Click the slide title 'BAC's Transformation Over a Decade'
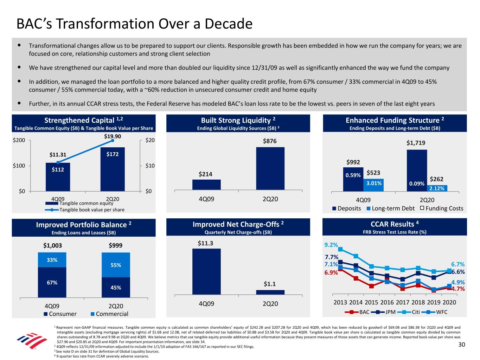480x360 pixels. pos(134,24)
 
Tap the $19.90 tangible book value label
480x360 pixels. pos(113,136)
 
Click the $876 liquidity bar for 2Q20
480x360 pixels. pos(270,169)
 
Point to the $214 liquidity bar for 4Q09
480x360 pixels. pos(206,185)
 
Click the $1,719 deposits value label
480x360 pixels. pos(416,143)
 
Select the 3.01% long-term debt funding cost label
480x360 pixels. pos(373,183)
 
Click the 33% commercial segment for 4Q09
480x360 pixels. pos(52,260)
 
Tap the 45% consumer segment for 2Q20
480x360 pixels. pos(116,288)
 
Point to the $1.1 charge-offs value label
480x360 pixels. pos(270,284)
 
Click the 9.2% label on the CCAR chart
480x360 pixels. pos(331,245)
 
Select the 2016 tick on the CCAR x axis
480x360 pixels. pos(387,302)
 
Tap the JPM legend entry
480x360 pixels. pos(387,312)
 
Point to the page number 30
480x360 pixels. pos(462,345)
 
